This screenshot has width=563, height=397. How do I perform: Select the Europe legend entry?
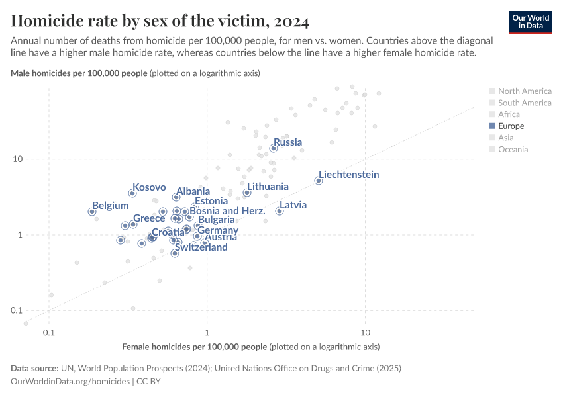pos(511,126)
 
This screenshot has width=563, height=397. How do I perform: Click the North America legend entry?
pos(524,91)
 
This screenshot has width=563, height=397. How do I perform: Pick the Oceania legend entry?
pos(513,149)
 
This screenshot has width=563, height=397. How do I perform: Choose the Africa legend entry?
pos(509,114)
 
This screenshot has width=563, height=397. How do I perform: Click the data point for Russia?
pos(274,148)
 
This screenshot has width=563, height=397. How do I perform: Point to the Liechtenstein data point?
pos(319,181)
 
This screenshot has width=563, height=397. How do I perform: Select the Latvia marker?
pos(280,211)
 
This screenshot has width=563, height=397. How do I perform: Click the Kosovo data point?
pos(132,193)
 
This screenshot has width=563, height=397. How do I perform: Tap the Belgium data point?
pos(92,212)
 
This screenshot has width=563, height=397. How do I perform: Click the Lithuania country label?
pos(268,187)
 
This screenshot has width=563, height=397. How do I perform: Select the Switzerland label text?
pos(201,247)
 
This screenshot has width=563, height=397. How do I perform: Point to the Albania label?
pos(193,191)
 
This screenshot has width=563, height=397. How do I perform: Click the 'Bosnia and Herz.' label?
pos(227,211)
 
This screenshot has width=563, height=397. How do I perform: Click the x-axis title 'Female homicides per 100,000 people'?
pos(195,346)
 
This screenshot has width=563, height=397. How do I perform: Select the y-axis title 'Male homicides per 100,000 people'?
pos(79,73)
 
